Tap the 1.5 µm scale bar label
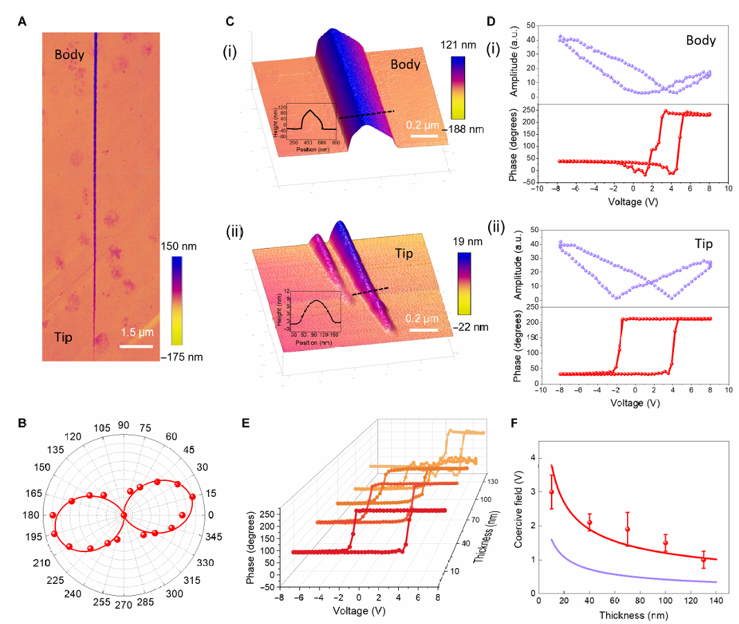point(137,333)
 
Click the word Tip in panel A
point(65,337)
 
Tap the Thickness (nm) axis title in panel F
point(628,614)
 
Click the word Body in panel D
point(700,41)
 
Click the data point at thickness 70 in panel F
point(628,529)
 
